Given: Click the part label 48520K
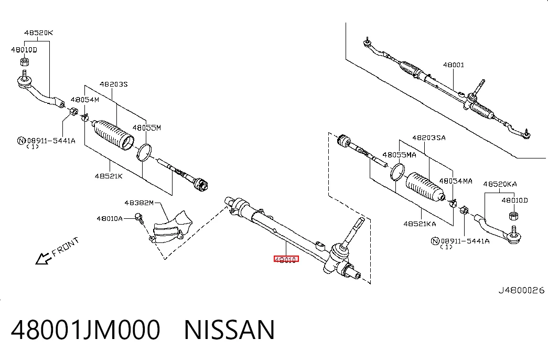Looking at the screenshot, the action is pyautogui.click(x=38, y=33).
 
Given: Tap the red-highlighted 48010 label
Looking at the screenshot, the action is pyautogui.click(x=286, y=259).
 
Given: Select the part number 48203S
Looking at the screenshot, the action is pyautogui.click(x=114, y=84).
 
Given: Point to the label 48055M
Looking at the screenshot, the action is pyautogui.click(x=147, y=128).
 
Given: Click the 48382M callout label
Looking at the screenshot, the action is pyautogui.click(x=139, y=203).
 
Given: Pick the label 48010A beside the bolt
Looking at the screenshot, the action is pyautogui.click(x=110, y=219).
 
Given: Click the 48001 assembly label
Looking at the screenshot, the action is pyautogui.click(x=454, y=65).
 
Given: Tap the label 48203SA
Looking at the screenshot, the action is pyautogui.click(x=429, y=138).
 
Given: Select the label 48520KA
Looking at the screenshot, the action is pyautogui.click(x=500, y=184).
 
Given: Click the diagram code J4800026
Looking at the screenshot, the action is pyautogui.click(x=521, y=290).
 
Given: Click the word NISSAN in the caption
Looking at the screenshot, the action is pyautogui.click(x=229, y=330).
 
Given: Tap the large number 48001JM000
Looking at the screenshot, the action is pyautogui.click(x=85, y=330).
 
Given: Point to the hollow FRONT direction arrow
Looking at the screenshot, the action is pyautogui.click(x=44, y=259).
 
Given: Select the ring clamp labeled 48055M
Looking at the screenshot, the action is pyautogui.click(x=144, y=153).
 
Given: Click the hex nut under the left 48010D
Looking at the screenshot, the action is pyautogui.click(x=24, y=62).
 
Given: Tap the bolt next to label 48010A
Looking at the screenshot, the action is pyautogui.click(x=139, y=218).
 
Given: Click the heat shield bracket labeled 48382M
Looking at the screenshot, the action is pyautogui.click(x=171, y=227).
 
